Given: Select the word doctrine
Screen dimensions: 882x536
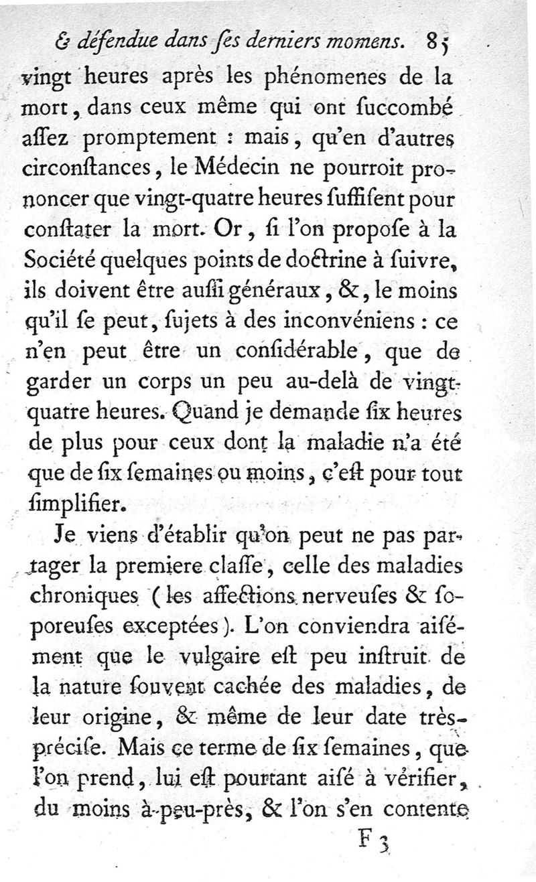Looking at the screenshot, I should tap(332, 260).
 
